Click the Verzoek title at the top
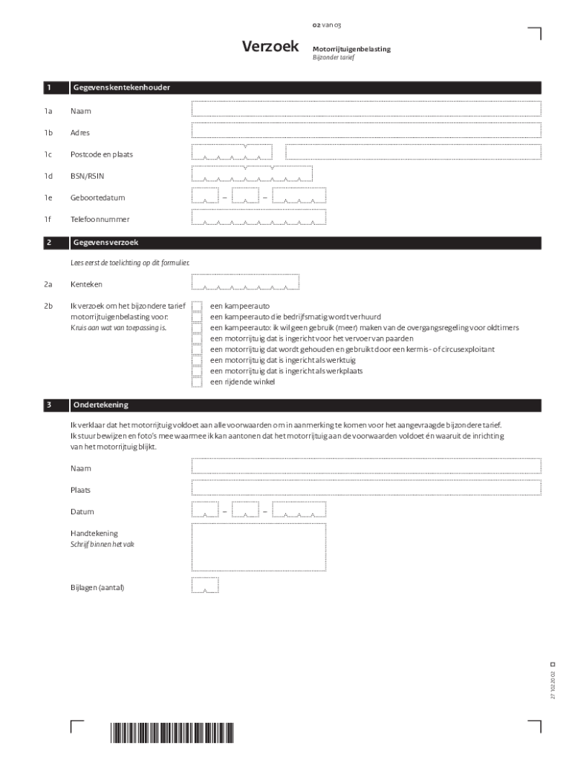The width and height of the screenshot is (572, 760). click(270, 47)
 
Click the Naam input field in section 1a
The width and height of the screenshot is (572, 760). click(365, 109)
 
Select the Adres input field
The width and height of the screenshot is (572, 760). click(365, 131)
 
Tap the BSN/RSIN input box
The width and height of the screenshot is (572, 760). click(252, 174)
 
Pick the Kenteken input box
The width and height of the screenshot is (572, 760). click(245, 282)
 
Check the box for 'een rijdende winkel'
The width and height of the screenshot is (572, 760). click(197, 381)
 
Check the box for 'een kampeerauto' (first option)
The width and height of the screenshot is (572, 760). click(197, 306)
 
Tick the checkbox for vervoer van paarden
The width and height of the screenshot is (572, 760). click(197, 338)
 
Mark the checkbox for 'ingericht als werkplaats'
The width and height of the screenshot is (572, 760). click(197, 370)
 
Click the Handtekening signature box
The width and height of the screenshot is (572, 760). click(259, 545)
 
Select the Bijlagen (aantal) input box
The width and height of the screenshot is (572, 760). click(205, 586)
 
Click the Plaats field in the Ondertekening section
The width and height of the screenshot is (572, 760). click(365, 488)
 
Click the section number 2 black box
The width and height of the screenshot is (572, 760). click(49, 243)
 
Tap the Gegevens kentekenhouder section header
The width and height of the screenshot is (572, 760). click(120, 88)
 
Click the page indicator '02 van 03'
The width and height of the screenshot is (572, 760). click(327, 25)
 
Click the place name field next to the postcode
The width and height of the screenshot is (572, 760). click(412, 152)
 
